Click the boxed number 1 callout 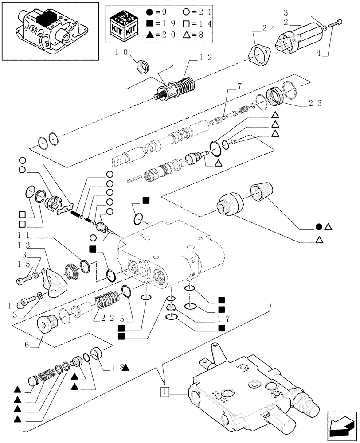164,392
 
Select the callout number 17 211,318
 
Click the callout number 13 23,244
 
